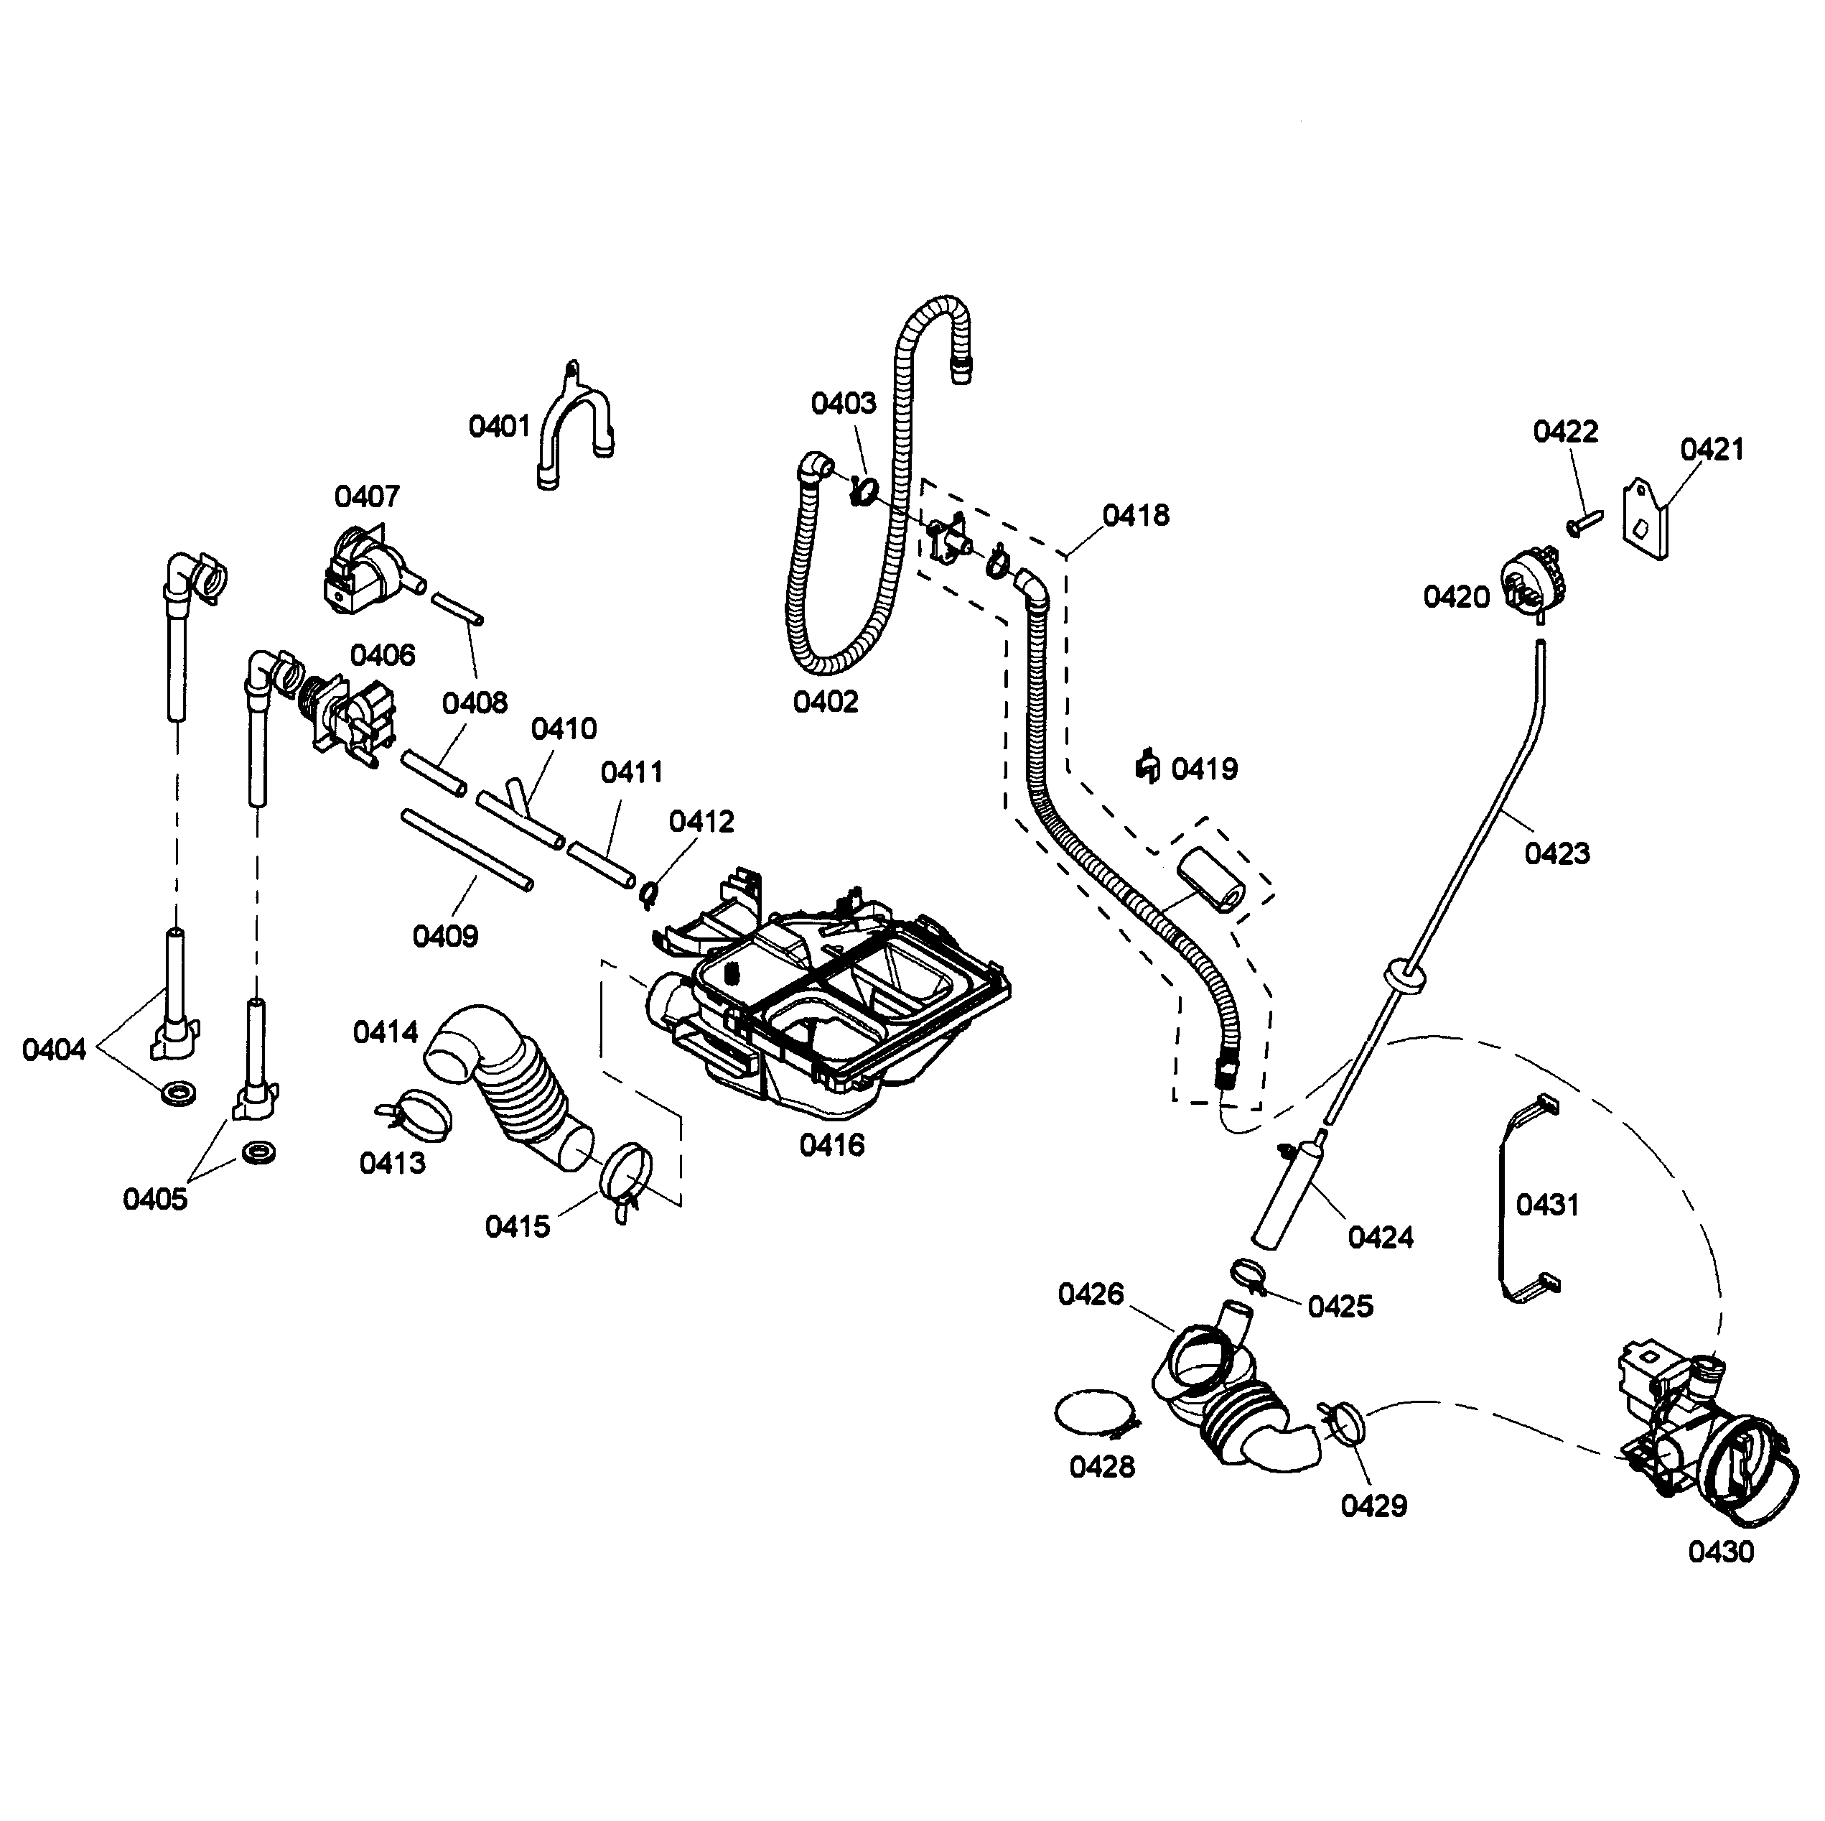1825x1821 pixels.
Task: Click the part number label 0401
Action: click(500, 427)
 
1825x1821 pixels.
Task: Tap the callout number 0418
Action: click(1136, 516)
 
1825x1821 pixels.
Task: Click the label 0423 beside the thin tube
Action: click(1556, 853)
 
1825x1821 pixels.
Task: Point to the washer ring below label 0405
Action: click(257, 1154)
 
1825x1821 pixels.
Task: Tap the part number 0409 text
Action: click(446, 937)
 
